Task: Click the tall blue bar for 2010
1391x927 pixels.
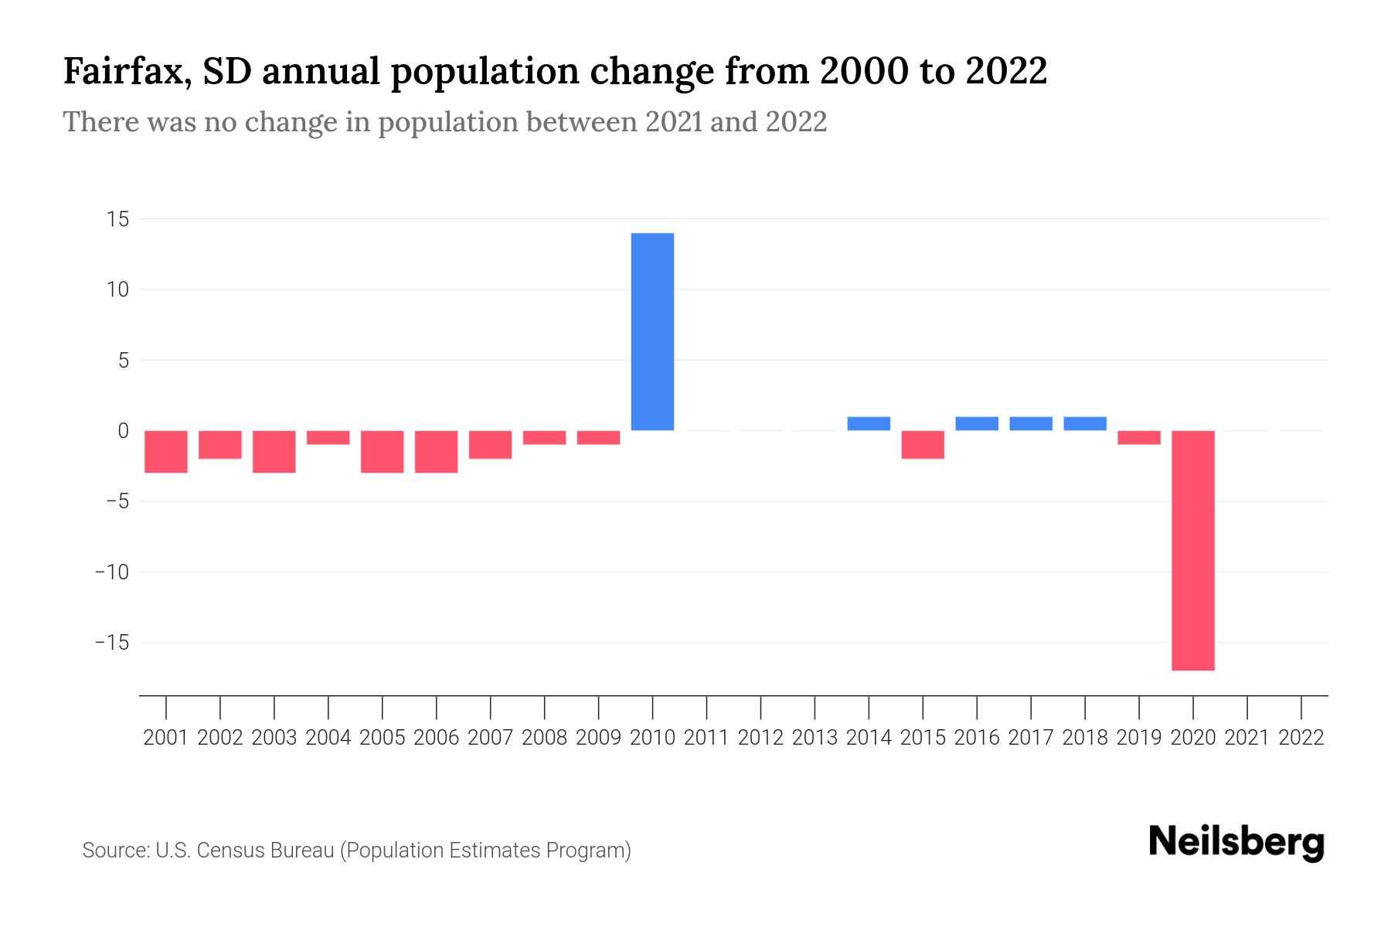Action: tap(652, 331)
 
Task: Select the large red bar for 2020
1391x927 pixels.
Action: tap(1192, 550)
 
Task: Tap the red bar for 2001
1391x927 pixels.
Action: tap(166, 451)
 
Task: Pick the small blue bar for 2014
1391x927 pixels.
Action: tap(869, 423)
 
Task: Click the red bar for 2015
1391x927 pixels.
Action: tap(923, 444)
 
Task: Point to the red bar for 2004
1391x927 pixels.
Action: tap(328, 437)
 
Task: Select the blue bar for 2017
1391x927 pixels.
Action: tap(1031, 423)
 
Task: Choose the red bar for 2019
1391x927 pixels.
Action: tap(1138, 437)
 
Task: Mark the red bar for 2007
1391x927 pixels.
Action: tap(490, 444)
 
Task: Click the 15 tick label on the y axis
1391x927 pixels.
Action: tap(117, 219)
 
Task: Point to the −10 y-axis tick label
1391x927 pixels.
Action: tap(111, 572)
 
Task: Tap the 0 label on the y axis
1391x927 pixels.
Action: tap(123, 431)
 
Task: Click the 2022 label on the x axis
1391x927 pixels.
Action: tap(1301, 738)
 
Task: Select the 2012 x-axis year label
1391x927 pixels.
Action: tap(760, 738)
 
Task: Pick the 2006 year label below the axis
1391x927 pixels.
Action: tap(436, 738)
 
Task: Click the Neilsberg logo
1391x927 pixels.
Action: tap(1236, 842)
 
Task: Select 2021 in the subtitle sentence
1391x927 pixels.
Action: tap(674, 122)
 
